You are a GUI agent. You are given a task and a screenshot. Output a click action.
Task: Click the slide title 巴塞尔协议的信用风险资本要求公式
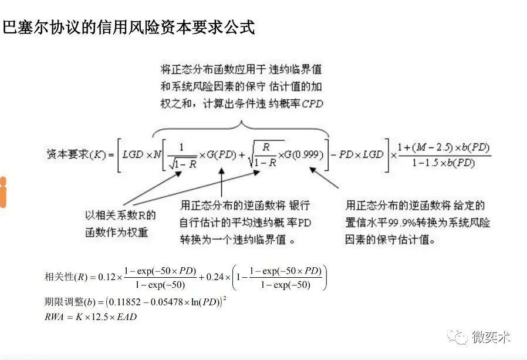click(129, 28)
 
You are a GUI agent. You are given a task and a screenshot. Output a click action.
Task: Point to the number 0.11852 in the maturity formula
click(127, 302)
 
